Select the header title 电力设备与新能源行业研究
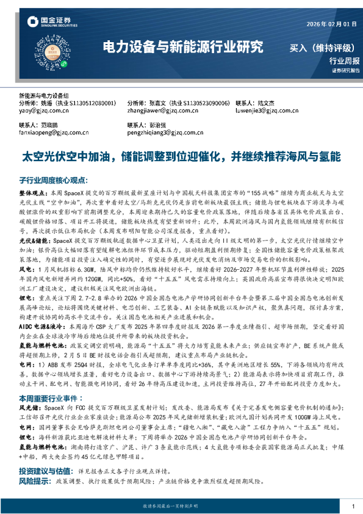[x=182, y=46]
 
